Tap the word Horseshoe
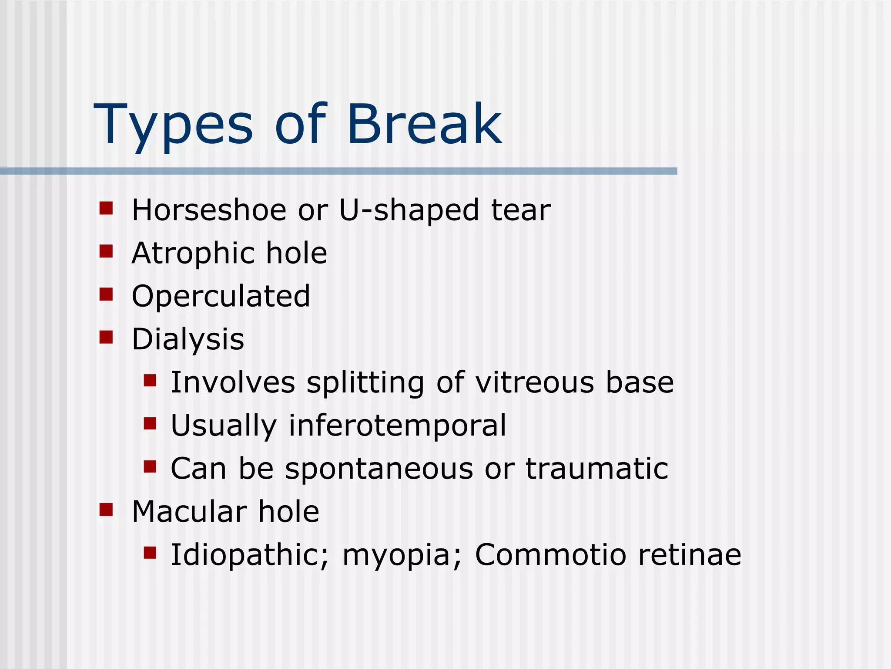tap(209, 210)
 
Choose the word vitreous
tap(534, 382)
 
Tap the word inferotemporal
tap(397, 426)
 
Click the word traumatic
tap(596, 469)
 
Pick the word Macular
tap(189, 512)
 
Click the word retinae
tap(689, 555)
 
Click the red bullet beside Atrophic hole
tap(106, 251)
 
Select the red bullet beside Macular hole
tap(106, 510)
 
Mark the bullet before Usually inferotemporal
tap(150, 423)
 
